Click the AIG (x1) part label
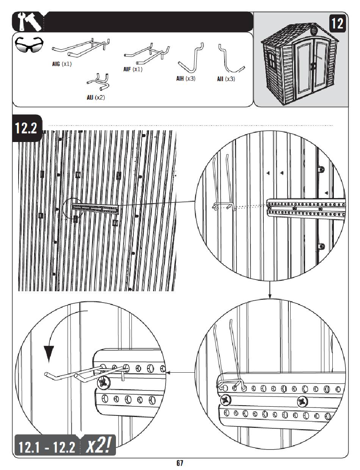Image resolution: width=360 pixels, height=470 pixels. click(62, 64)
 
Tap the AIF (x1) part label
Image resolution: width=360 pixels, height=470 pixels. click(133, 69)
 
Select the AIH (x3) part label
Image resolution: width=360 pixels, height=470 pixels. click(186, 78)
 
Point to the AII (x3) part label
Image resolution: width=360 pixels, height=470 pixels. click(226, 79)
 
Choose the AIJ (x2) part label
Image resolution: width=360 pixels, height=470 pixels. click(96, 98)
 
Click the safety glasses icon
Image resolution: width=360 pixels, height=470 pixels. click(29, 45)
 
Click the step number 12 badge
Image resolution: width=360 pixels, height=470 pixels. click(337, 24)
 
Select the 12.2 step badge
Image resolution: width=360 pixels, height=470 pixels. click(27, 128)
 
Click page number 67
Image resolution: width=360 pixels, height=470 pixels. click(180, 463)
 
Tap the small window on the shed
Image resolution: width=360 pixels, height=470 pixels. click(271, 59)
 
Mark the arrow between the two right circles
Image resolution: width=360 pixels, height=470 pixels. click(269, 290)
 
